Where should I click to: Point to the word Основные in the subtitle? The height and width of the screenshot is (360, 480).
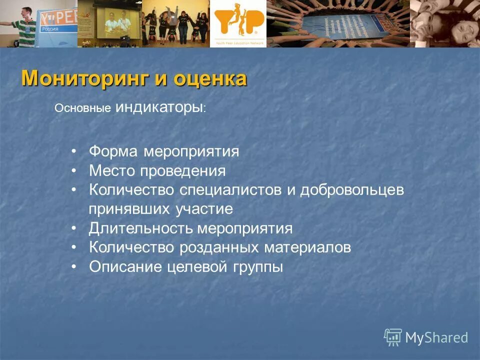(82, 108)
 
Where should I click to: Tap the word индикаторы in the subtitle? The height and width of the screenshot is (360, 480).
(159, 107)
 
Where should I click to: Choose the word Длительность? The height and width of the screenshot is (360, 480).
(140, 229)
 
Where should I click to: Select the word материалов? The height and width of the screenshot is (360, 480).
(307, 248)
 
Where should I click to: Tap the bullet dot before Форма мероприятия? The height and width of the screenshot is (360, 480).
(73, 151)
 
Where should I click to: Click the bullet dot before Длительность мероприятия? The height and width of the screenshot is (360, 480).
(73, 229)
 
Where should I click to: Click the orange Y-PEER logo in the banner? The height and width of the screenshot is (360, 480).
(238, 22)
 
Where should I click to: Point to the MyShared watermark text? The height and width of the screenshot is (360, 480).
(436, 337)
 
